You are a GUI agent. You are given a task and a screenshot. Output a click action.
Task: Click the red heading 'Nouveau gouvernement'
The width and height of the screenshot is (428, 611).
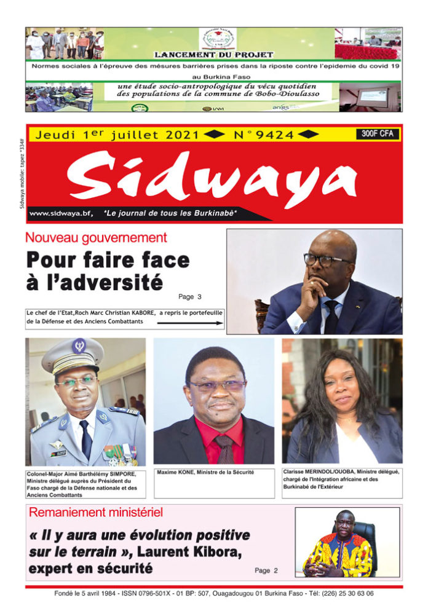(x=96, y=238)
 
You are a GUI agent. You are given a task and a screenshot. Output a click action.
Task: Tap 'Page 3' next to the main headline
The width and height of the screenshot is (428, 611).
(x=190, y=297)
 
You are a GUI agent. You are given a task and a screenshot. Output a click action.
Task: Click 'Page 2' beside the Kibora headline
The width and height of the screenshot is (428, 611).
(x=266, y=570)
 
